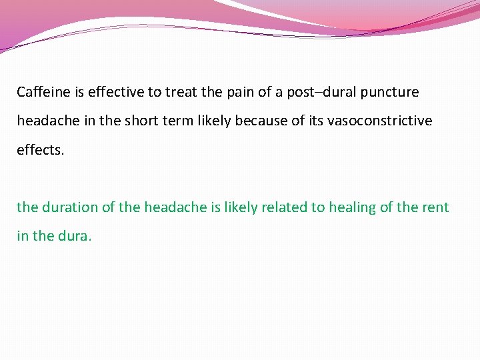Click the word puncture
391,92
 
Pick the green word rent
435,207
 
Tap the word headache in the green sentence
174,207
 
